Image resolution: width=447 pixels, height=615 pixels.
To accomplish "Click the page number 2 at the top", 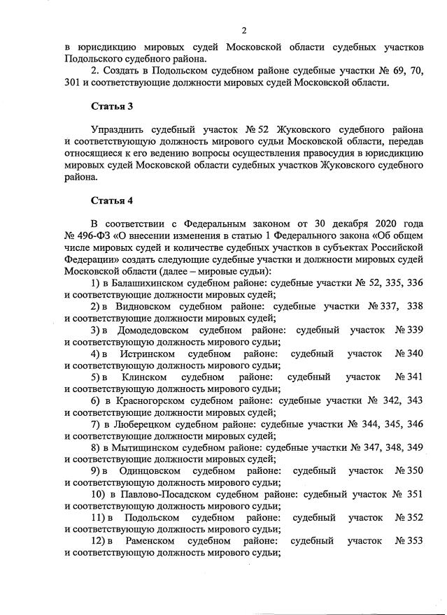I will click(x=244, y=30).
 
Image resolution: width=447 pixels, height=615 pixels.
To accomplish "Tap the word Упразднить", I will click(x=121, y=130).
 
